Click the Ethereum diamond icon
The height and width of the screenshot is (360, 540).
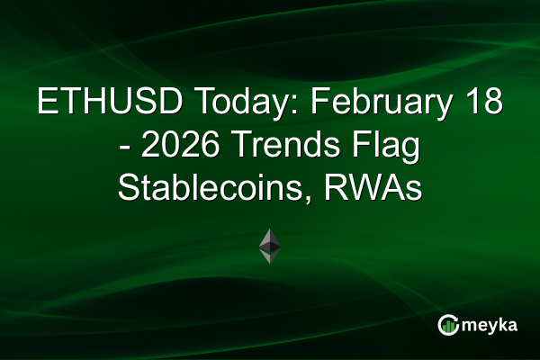[270, 246]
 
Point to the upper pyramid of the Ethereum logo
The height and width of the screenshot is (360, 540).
[270, 239]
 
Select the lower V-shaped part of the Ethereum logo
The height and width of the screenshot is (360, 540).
[270, 256]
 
